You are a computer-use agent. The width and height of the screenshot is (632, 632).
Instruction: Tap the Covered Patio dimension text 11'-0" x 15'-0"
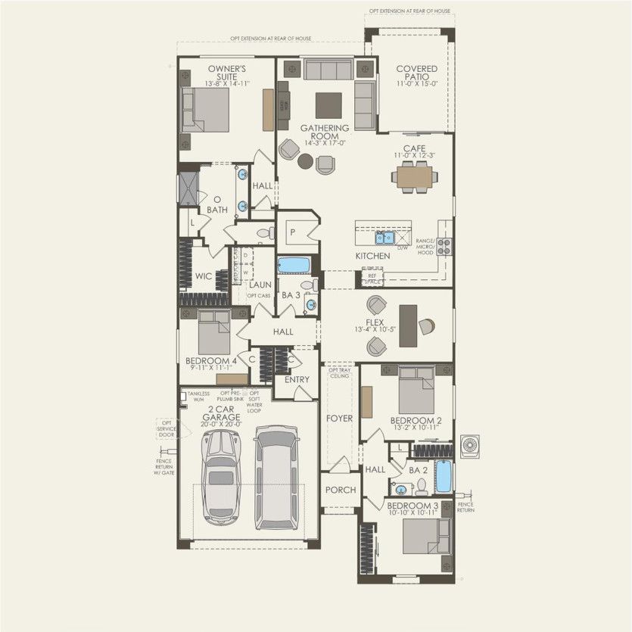416,85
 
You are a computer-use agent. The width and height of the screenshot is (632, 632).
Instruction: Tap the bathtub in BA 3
292,266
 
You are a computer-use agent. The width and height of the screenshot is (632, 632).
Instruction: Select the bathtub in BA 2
444,475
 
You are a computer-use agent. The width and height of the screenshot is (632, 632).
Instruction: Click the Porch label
341,490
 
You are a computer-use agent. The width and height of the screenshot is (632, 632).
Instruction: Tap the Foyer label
340,418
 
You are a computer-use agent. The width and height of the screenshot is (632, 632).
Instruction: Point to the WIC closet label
203,276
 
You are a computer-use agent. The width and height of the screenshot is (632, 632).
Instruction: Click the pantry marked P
292,229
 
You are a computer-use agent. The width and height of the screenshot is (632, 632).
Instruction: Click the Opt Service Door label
166,428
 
